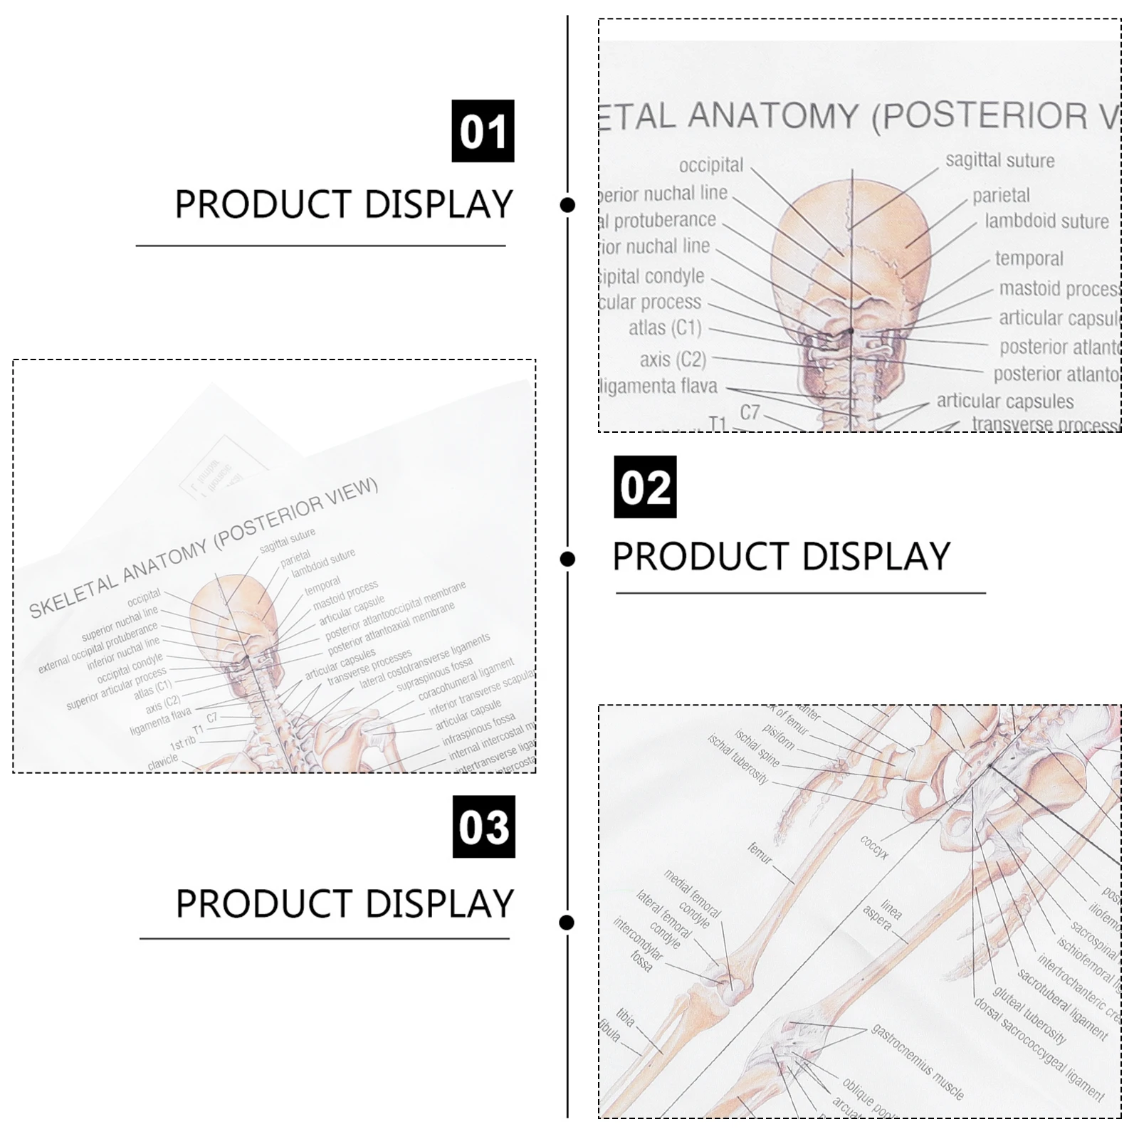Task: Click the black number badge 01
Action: (483, 131)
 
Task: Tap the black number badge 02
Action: (645, 487)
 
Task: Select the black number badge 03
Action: (483, 826)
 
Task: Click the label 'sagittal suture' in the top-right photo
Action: (999, 161)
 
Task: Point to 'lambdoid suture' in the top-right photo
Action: (1046, 221)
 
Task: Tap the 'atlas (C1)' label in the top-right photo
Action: (665, 328)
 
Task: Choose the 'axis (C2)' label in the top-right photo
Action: (673, 359)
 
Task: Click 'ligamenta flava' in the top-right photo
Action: (659, 387)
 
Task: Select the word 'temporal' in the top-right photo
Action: (1029, 258)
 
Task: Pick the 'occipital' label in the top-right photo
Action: (710, 165)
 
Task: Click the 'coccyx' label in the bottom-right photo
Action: (874, 847)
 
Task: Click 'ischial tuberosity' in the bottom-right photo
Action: (738, 758)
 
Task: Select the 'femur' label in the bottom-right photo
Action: (760, 853)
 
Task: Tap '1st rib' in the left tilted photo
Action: (183, 743)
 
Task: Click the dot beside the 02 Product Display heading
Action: (567, 559)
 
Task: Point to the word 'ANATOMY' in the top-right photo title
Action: (774, 116)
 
